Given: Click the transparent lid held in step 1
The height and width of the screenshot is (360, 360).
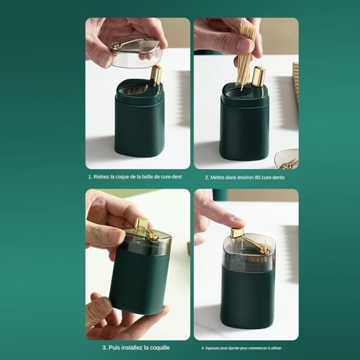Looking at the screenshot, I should pos(135,53).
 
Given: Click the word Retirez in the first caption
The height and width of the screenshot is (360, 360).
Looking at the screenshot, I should pos(102,176).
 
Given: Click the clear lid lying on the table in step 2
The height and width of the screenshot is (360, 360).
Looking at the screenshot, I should pos(287,159).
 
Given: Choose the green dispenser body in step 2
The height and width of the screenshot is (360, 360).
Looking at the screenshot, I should pos(244,126).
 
